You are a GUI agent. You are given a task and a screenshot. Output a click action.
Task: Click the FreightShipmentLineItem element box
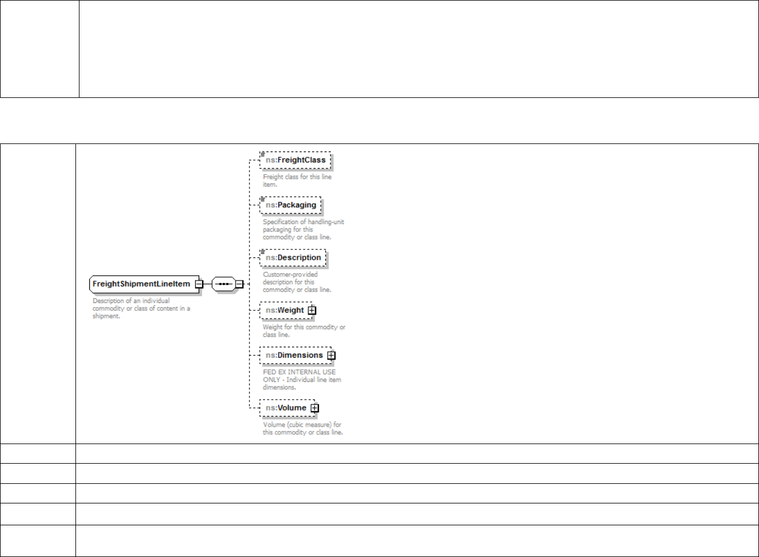[141, 284]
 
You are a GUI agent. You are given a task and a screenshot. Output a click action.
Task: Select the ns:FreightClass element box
[295, 160]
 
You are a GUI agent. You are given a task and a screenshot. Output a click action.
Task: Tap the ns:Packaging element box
[291, 205]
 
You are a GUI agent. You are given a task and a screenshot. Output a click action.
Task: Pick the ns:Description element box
[293, 257]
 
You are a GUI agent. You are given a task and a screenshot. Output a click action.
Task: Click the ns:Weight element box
[284, 310]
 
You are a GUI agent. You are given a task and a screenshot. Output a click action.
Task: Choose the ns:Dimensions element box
[294, 355]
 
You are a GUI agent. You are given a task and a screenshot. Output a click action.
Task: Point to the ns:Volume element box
[286, 408]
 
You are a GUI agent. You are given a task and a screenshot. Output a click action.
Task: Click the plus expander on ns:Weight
[312, 310]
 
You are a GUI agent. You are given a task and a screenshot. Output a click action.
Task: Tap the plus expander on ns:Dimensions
[331, 355]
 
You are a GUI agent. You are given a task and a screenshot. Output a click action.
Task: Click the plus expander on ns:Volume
[314, 408]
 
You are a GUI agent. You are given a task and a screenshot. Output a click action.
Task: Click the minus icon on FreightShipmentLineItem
[199, 284]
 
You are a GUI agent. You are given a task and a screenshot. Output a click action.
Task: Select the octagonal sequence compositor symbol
[224, 284]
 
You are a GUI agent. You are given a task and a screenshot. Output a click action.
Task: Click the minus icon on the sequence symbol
[239, 284]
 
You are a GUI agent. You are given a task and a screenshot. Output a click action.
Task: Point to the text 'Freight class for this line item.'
[297, 181]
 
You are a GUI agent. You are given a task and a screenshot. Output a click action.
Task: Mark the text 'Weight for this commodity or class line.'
[304, 331]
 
